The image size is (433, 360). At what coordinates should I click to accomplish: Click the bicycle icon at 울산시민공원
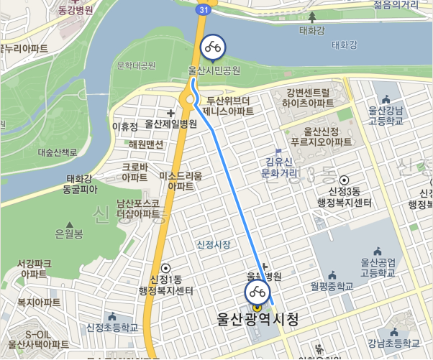click(x=212, y=47)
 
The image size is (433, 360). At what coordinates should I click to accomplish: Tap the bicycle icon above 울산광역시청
click(x=257, y=292)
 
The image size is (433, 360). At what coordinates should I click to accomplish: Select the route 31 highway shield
click(x=204, y=9)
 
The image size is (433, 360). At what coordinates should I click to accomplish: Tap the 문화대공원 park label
click(x=136, y=66)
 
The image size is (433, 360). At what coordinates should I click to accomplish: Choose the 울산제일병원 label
click(x=170, y=124)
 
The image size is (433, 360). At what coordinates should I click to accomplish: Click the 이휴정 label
click(x=124, y=126)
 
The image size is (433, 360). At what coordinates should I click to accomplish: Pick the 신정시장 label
click(x=214, y=245)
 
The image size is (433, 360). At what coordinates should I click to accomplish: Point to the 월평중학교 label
click(x=332, y=286)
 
